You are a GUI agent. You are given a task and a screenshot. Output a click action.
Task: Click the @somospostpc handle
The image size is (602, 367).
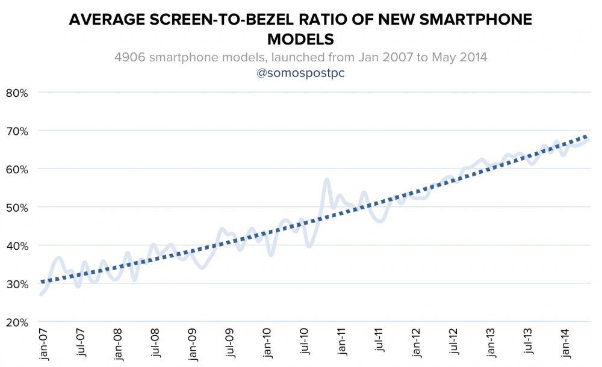(x=300, y=73)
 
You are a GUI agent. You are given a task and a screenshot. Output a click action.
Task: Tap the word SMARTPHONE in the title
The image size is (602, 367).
(x=473, y=20)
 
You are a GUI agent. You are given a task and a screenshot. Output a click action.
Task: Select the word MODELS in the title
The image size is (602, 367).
(x=300, y=39)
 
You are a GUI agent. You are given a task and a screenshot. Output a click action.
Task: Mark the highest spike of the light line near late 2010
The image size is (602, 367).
(x=326, y=179)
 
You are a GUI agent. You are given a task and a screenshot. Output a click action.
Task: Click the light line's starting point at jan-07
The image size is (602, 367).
(x=41, y=294)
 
